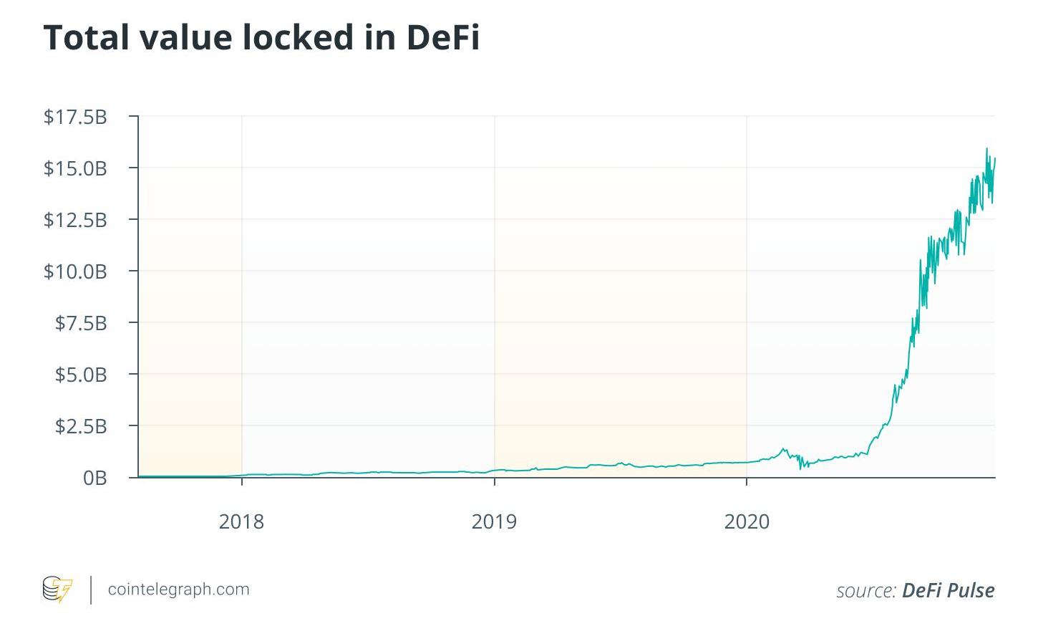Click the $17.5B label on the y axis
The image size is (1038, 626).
75,117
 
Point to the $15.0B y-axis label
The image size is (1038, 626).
75,168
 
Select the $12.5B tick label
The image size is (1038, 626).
75,220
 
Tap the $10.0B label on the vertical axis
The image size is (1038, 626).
75,271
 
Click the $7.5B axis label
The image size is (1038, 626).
81,323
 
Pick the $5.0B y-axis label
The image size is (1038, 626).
81,375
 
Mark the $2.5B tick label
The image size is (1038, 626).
81,426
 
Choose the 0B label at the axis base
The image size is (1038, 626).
94,478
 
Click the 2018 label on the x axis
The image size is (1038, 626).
241,521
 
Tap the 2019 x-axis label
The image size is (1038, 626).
494,521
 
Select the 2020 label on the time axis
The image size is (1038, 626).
747,521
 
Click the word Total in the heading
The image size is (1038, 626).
86,37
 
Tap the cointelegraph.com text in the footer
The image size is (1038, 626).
178,589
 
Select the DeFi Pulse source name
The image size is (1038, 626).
948,590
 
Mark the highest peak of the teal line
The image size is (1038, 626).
986,149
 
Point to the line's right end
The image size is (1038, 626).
995,159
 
